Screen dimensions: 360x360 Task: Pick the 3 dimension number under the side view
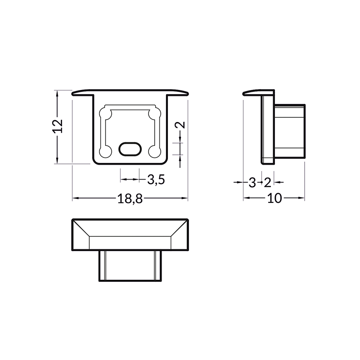(x=252, y=182)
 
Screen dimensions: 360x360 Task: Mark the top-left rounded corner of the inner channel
(x=107, y=112)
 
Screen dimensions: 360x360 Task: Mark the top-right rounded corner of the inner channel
(x=156, y=112)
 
